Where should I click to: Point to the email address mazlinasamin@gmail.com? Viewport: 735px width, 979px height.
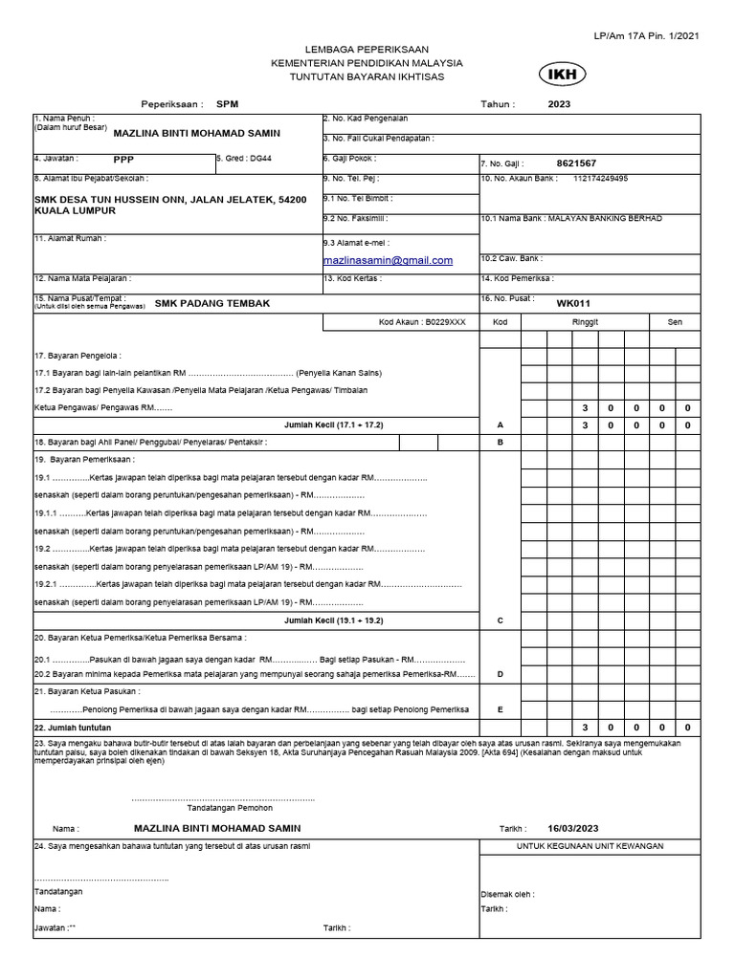pos(388,260)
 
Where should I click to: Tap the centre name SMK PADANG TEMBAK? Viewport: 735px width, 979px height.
pos(212,303)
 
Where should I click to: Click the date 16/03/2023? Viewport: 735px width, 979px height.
pos(573,828)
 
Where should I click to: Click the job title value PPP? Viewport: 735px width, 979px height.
pos(123,160)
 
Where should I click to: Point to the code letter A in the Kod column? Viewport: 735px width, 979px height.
pos(500,424)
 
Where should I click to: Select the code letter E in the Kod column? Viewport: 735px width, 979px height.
pos(500,709)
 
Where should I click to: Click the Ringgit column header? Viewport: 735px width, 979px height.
pos(585,322)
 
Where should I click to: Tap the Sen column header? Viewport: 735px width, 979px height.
pos(675,322)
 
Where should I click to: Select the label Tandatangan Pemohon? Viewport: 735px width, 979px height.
pos(225,808)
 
